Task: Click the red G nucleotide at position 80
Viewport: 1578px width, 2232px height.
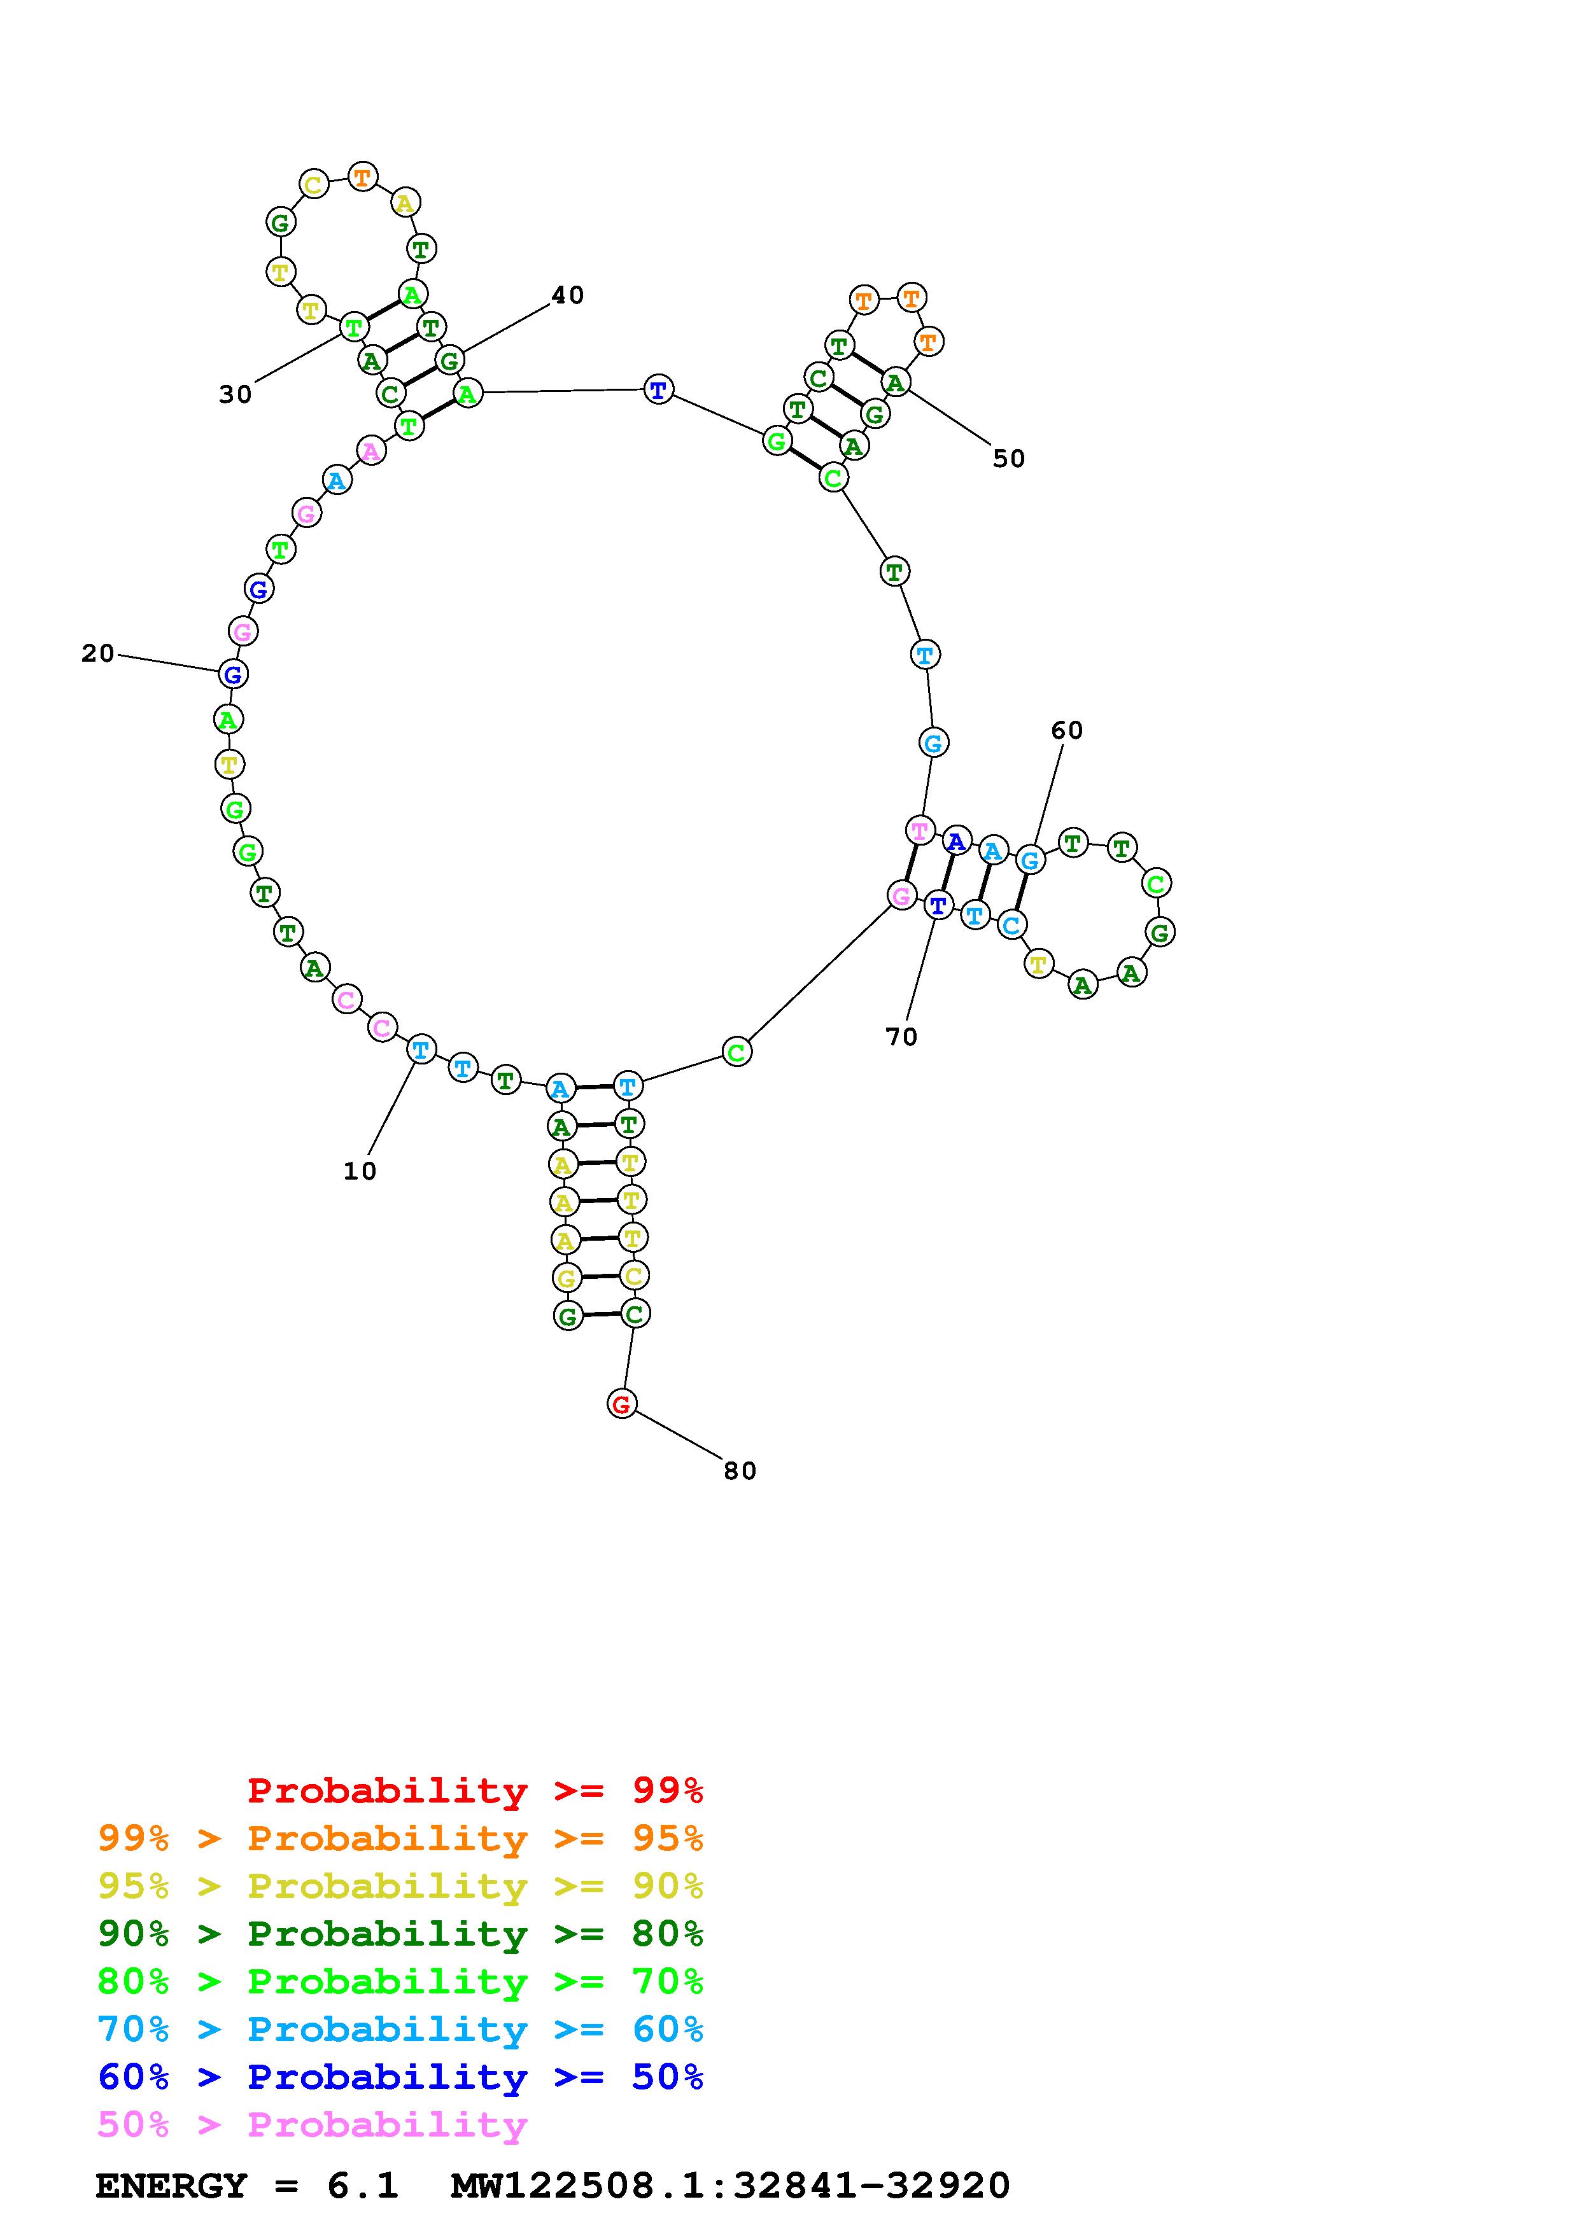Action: point(621,1404)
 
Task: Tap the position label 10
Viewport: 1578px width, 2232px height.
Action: point(360,1171)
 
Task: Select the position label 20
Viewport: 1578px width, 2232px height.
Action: point(98,653)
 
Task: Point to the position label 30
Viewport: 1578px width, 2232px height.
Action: point(236,394)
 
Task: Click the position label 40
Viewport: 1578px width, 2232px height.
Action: point(568,295)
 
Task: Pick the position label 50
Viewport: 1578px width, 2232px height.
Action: point(1009,458)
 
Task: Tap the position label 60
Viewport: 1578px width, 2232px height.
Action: point(1067,730)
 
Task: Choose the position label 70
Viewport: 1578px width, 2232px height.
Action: point(901,1037)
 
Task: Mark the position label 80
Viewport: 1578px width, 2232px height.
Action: point(740,1471)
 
